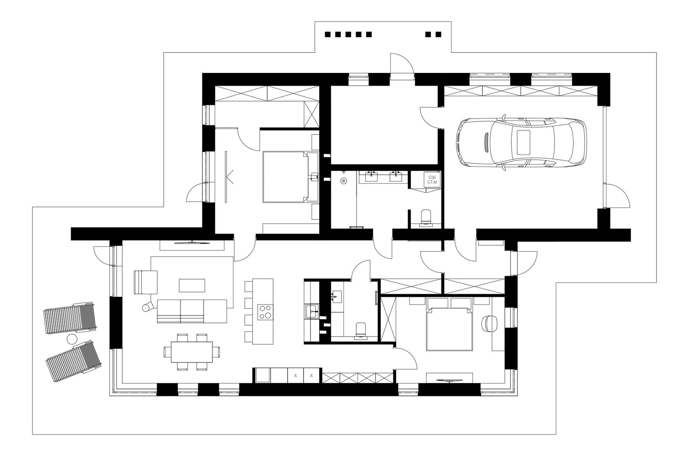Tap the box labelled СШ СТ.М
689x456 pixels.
[432, 180]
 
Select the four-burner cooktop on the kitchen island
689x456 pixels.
[265, 312]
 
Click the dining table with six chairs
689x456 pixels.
[192, 352]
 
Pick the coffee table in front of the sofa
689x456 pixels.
[192, 285]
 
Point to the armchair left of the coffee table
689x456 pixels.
[145, 282]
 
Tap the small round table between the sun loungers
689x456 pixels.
[72, 339]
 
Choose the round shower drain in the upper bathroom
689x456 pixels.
[343, 181]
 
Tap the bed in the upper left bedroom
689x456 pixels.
[286, 177]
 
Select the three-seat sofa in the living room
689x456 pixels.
[192, 311]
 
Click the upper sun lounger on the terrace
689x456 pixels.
[70, 318]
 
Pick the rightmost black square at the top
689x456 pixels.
[439, 34]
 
